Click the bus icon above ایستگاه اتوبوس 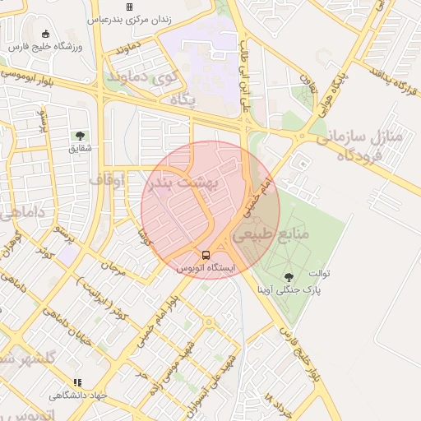(206, 255)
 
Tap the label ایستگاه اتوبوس (206, 268)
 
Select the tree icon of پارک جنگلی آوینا (289, 277)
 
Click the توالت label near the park (318, 273)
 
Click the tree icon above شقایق (80, 136)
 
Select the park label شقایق (79, 149)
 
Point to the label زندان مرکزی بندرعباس (129, 17)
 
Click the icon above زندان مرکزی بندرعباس (129, 6)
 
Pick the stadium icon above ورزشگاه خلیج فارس (45, 34)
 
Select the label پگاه (180, 99)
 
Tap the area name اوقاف (106, 178)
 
